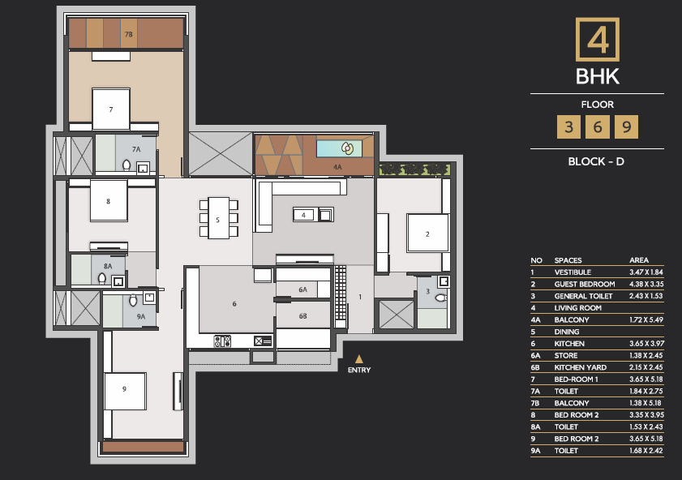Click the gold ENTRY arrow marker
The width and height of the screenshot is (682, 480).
(x=358, y=359)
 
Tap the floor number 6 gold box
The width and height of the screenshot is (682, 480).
(x=597, y=127)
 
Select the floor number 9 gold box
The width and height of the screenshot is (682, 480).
(x=626, y=127)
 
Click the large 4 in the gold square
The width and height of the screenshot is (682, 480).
(x=598, y=40)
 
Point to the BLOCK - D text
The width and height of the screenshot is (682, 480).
(x=596, y=161)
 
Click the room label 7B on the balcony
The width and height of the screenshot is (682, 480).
(x=128, y=34)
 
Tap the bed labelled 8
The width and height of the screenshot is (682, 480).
(x=109, y=201)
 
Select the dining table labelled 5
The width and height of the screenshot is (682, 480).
(x=218, y=218)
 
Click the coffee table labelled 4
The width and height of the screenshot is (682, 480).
(x=303, y=215)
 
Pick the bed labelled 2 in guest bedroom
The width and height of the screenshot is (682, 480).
(x=427, y=233)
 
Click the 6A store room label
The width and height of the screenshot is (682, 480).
(x=302, y=289)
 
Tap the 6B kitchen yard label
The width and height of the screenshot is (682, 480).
(x=302, y=316)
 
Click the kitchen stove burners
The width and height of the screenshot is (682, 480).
(x=222, y=341)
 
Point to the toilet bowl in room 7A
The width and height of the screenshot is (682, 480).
(x=127, y=165)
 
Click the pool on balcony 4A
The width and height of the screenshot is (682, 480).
(x=339, y=148)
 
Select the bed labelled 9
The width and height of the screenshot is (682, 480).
(x=125, y=391)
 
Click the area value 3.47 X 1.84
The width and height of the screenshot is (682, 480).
(x=646, y=272)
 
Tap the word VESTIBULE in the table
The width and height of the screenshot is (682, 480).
(x=573, y=272)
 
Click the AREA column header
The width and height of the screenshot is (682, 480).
(x=639, y=260)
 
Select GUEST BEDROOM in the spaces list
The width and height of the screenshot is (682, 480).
(x=585, y=285)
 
